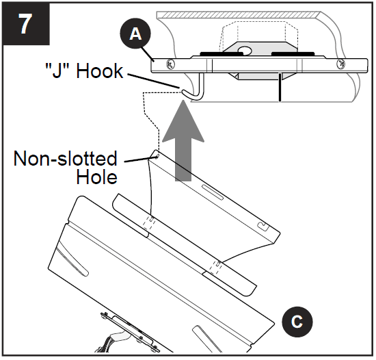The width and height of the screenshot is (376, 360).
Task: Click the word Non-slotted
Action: (x=65, y=159)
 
